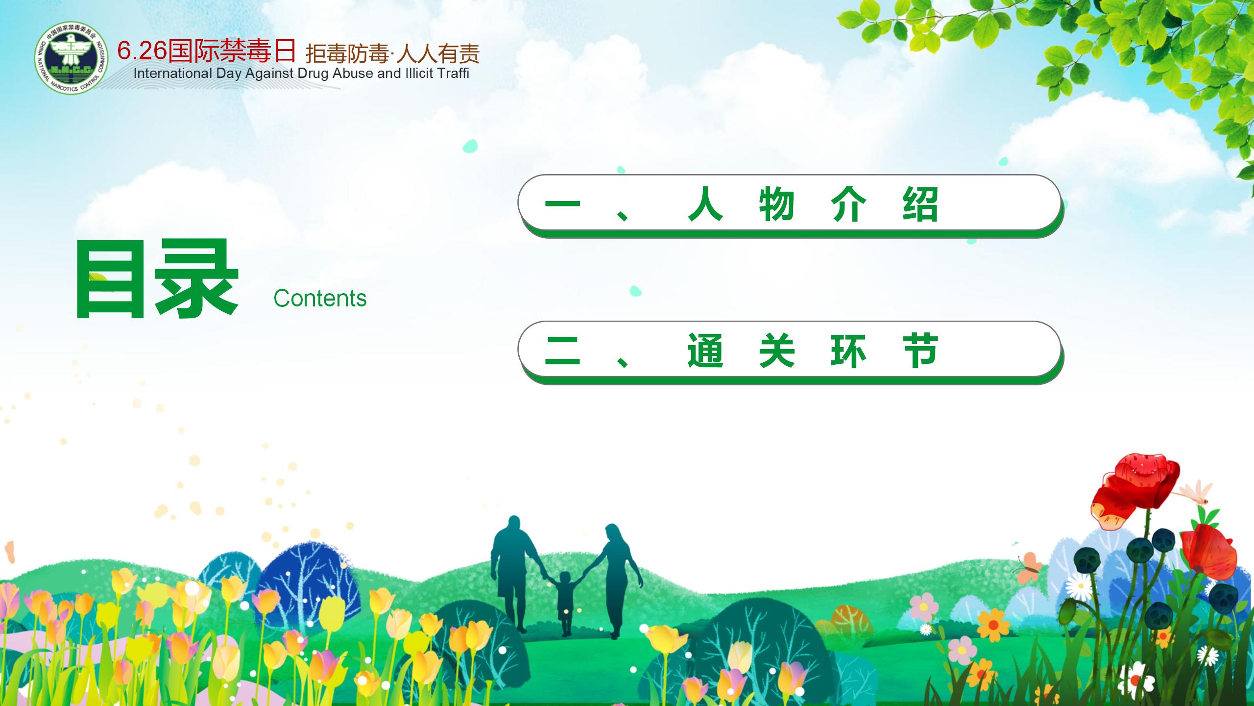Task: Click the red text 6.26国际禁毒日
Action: pos(207,51)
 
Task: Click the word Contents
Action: pos(320,298)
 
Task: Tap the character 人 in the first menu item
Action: pos(705,204)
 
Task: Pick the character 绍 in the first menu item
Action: pos(920,204)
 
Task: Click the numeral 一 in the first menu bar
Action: pos(562,204)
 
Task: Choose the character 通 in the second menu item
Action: pos(705,351)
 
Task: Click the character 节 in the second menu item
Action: pos(920,351)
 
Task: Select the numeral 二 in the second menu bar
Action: pos(562,351)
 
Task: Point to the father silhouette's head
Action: pos(514,526)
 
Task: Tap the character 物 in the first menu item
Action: pos(777,204)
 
